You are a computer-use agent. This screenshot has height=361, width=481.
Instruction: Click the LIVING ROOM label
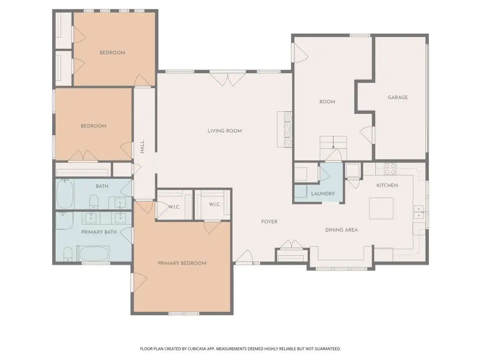pos(224,131)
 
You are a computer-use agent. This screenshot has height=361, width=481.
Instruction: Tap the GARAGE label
pos(397,97)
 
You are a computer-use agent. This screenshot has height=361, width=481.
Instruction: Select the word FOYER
pos(270,222)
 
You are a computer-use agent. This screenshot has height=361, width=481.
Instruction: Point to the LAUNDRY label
pos(323,194)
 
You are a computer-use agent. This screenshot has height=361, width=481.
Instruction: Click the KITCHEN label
pos(387,186)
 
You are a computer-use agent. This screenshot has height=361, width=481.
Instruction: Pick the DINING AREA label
pos(341,230)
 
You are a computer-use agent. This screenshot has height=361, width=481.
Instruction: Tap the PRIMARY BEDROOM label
pos(182,263)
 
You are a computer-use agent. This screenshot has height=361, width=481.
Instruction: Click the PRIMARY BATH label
pos(99,232)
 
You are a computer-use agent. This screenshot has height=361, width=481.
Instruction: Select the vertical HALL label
pos(142,147)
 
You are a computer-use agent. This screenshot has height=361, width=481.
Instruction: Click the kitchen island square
pos(381,209)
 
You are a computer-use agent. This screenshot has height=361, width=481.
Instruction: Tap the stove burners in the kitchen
pos(390,169)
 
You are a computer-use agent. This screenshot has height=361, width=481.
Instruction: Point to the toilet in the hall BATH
pos(94,202)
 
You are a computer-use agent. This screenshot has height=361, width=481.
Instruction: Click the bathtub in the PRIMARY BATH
pos(93,254)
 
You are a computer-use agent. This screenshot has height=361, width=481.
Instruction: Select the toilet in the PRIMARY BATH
pos(68,254)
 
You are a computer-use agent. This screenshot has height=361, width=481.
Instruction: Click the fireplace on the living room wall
pos(285,129)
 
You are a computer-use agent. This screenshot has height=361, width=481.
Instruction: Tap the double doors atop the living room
pos(227,78)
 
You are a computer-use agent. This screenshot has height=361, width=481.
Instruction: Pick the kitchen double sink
pos(419,212)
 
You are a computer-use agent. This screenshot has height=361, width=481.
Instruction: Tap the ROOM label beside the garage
pos(327,102)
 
